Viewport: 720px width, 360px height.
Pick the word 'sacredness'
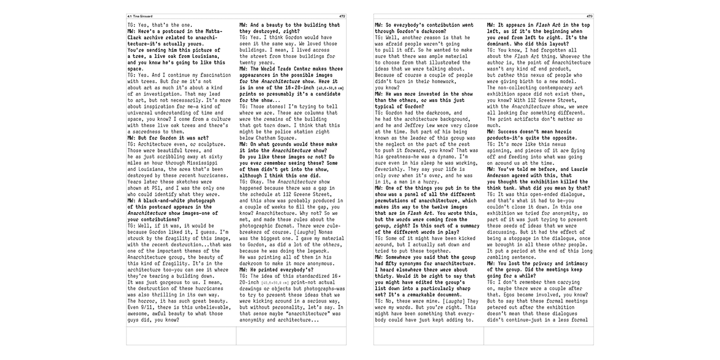tap(152, 131)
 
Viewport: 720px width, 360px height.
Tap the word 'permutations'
tap(397, 200)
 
